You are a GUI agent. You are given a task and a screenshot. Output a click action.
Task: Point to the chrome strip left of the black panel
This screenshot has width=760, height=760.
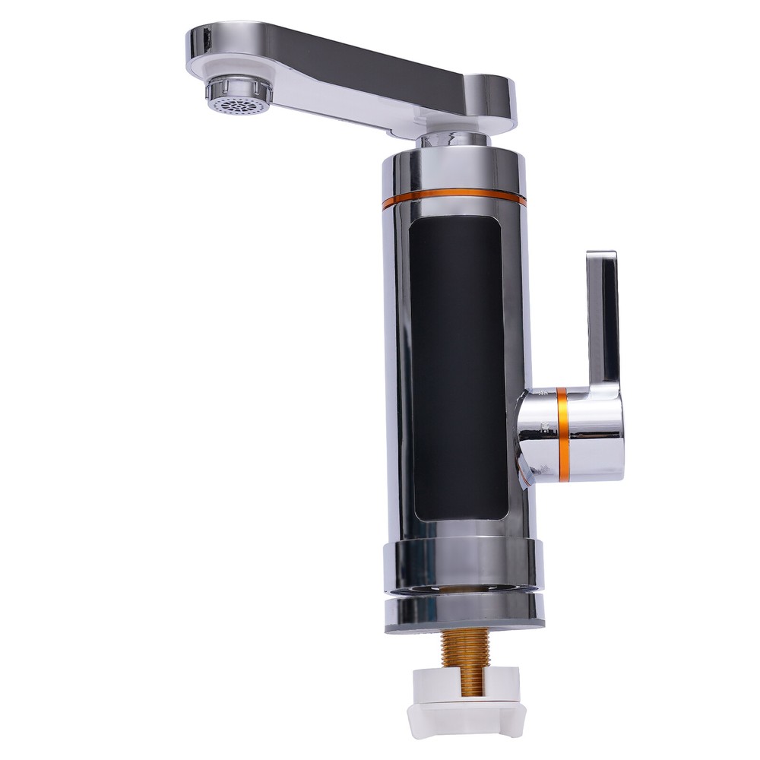[x=398, y=365]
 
